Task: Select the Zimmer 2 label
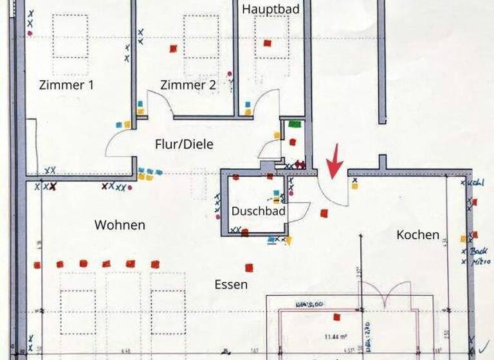(x=188, y=85)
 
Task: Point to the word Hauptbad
(x=262, y=9)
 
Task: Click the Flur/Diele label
(x=184, y=144)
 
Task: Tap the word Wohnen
(x=120, y=225)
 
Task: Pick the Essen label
(x=231, y=284)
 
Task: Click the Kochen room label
(x=418, y=235)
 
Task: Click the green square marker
(x=295, y=123)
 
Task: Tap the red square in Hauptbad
(x=268, y=44)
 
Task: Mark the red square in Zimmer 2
(x=172, y=48)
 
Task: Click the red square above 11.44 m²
(x=336, y=316)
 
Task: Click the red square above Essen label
(x=249, y=267)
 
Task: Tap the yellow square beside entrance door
(x=354, y=186)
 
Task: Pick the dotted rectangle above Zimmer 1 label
(x=69, y=36)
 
